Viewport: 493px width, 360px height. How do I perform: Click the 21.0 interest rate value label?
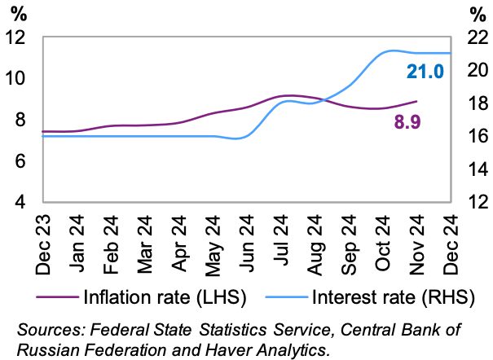point(425,72)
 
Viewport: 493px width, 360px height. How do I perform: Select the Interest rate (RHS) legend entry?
point(383,296)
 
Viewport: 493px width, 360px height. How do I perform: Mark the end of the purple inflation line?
point(416,102)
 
